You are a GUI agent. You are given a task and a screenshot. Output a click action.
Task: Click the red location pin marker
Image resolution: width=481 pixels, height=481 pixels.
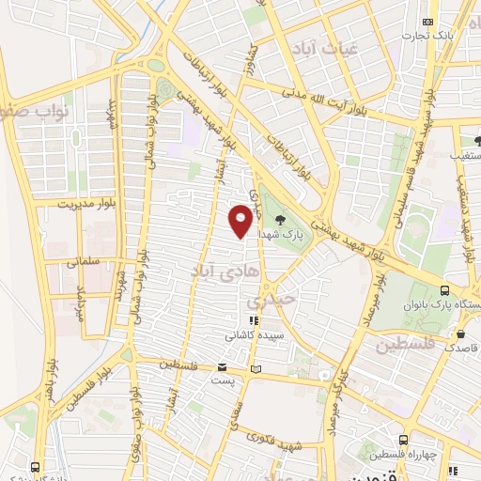241,220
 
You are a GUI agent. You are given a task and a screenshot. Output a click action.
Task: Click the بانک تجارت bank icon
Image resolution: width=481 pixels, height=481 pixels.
429,21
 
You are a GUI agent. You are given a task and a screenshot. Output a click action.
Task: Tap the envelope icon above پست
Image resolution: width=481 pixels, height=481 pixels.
222,367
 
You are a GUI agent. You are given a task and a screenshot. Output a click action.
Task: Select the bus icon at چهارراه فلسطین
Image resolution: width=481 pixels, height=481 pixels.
403,440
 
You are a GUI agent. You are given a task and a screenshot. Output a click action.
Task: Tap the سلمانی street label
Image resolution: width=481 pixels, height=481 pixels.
89,263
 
